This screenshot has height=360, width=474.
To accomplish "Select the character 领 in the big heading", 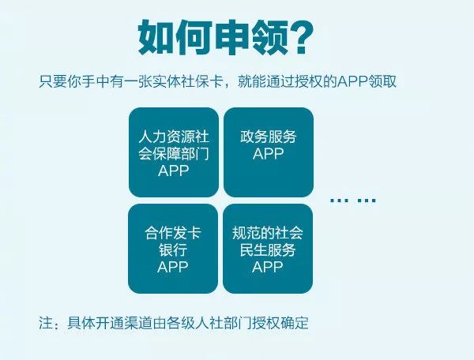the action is click(269, 37).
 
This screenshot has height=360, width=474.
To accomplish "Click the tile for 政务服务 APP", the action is click(269, 152).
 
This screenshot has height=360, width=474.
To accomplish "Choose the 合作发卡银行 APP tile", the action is click(173, 249).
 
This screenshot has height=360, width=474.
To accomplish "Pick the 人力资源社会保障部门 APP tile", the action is click(174, 152).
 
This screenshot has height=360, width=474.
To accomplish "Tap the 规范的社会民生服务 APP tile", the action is click(268, 249).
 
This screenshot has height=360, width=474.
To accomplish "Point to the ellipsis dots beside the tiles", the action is click(353, 200).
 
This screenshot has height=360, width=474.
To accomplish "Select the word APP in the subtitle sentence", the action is click(352, 81).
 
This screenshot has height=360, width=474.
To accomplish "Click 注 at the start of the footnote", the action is click(46, 323).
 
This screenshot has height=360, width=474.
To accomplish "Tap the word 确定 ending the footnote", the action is click(295, 323).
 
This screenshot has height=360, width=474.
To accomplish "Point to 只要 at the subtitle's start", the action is click(53, 81).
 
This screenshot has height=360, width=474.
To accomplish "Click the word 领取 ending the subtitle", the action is click(382, 81).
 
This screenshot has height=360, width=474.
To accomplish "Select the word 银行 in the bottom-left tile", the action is click(173, 249).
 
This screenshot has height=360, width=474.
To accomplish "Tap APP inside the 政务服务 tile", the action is click(268, 154).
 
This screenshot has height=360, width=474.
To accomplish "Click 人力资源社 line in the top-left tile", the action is click(174, 137).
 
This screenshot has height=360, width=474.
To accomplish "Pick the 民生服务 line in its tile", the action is click(268, 249).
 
